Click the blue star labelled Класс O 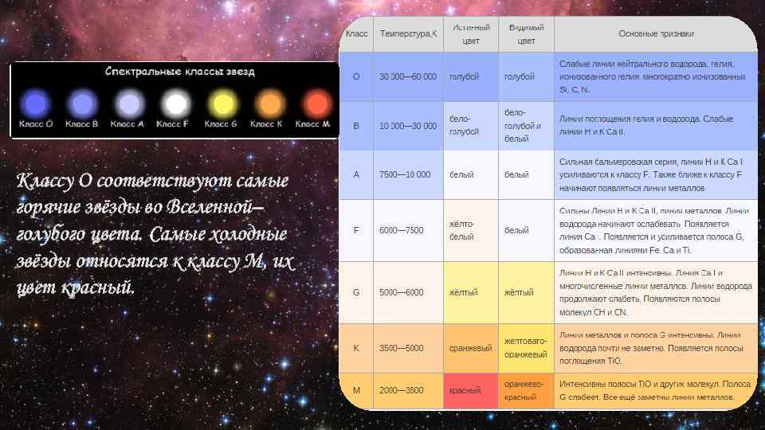coord(34,104)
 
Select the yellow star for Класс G coord(222,104)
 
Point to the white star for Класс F coord(175,104)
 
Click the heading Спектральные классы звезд coord(180,72)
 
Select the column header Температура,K coord(408,34)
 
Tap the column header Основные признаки coord(656,34)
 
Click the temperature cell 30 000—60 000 coord(408,76)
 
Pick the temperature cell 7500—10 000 coord(405,174)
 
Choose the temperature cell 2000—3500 coord(402,390)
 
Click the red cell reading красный coord(465,390)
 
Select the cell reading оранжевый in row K coord(469,347)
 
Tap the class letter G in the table coord(355,292)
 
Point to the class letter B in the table coord(355,126)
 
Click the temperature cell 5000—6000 coord(402,292)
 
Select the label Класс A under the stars coord(127,124)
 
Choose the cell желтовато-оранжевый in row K coord(525,347)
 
